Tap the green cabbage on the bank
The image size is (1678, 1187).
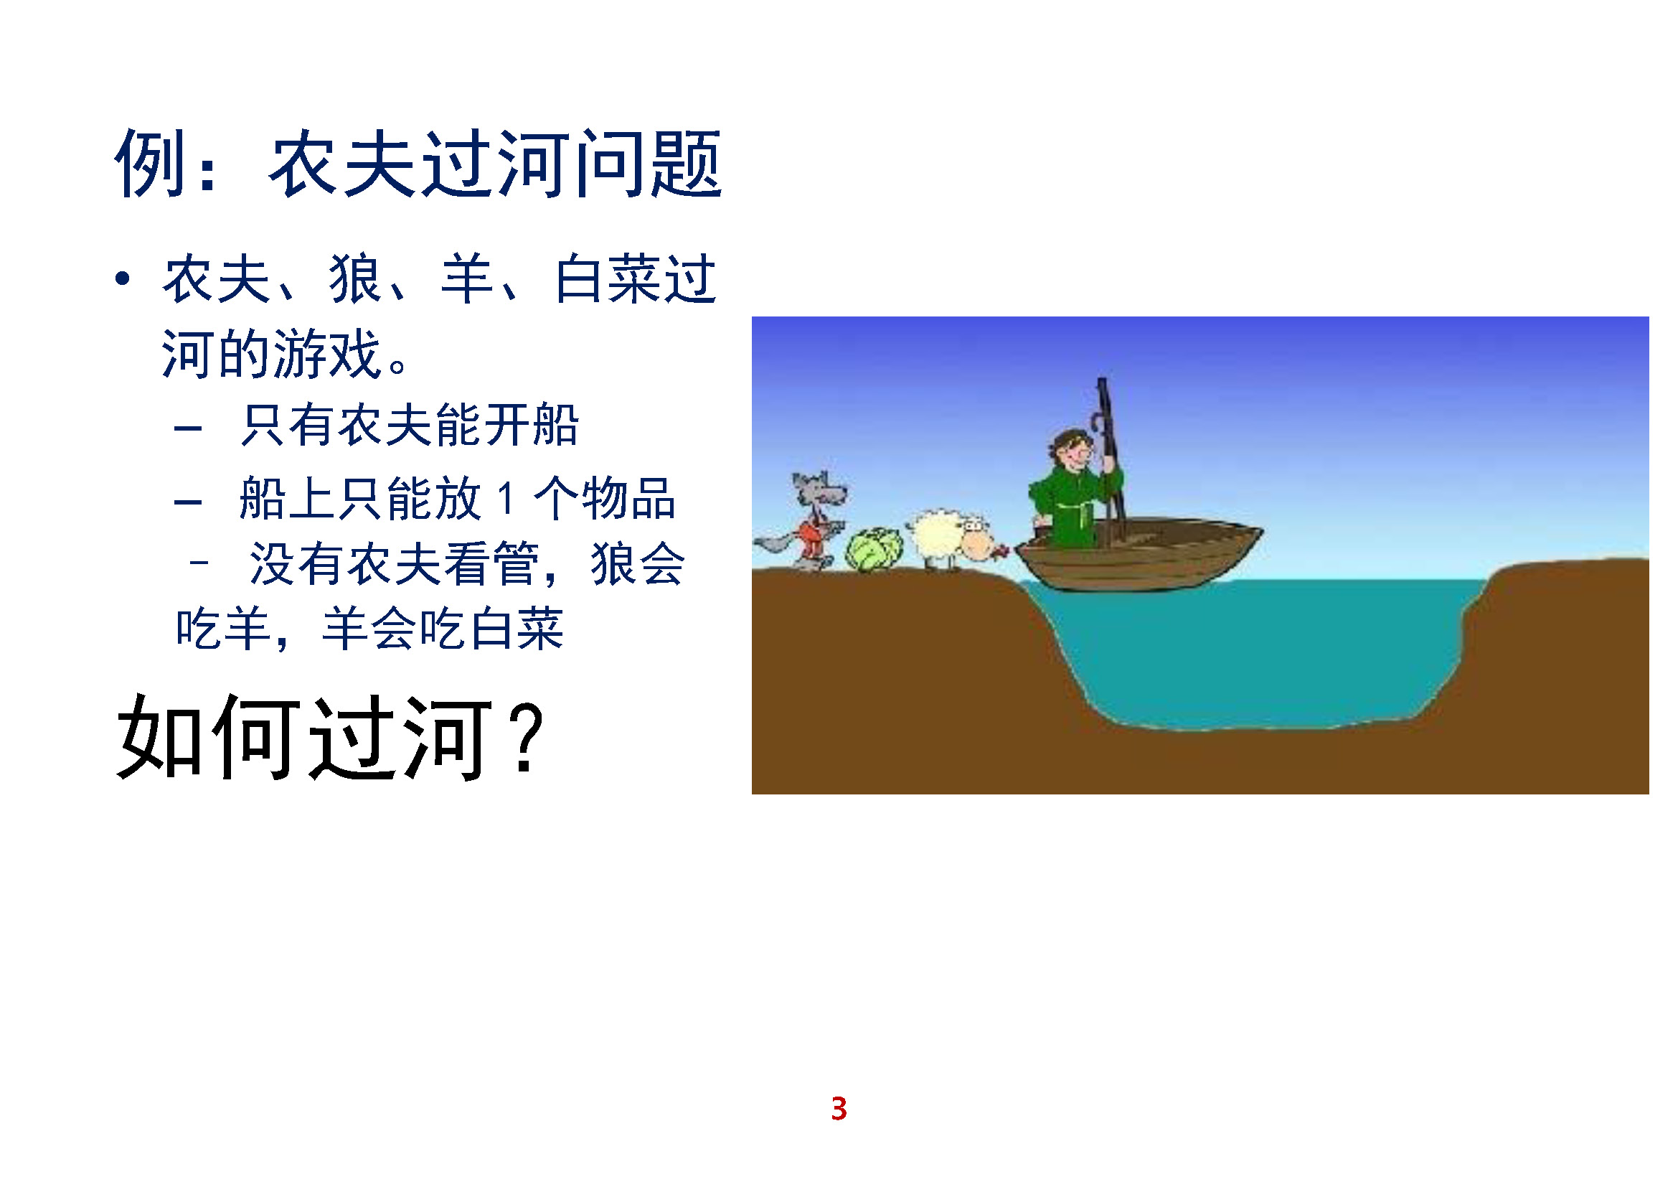click(874, 550)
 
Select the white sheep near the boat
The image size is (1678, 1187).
click(950, 540)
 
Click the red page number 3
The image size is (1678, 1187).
click(839, 1108)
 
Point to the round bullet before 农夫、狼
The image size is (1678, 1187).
click(122, 278)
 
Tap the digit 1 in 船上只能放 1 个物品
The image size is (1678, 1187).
click(506, 499)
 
